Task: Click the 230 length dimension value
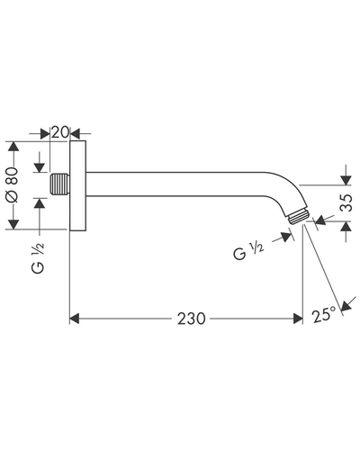pyautogui.click(x=191, y=319)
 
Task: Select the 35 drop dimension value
pyautogui.click(x=346, y=203)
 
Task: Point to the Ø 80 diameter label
pyautogui.click(x=13, y=184)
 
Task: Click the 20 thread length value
pyautogui.click(x=60, y=132)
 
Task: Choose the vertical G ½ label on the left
pyautogui.click(x=38, y=257)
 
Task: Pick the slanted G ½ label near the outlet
pyautogui.click(x=248, y=251)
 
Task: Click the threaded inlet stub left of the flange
pyautogui.click(x=59, y=184)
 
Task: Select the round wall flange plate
pyautogui.click(x=78, y=185)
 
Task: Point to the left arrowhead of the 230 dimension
pyautogui.click(x=75, y=319)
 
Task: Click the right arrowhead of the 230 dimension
pyautogui.click(x=298, y=319)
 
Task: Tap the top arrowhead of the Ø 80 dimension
pyautogui.click(x=13, y=146)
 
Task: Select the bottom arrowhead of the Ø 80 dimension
pyautogui.click(x=13, y=224)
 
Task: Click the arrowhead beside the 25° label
pyautogui.click(x=346, y=305)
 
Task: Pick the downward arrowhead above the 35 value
pyautogui.click(x=346, y=181)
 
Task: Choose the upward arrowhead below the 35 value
pyautogui.click(x=346, y=226)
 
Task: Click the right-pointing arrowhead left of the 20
pyautogui.click(x=45, y=133)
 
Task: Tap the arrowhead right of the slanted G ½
pyautogui.click(x=286, y=237)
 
